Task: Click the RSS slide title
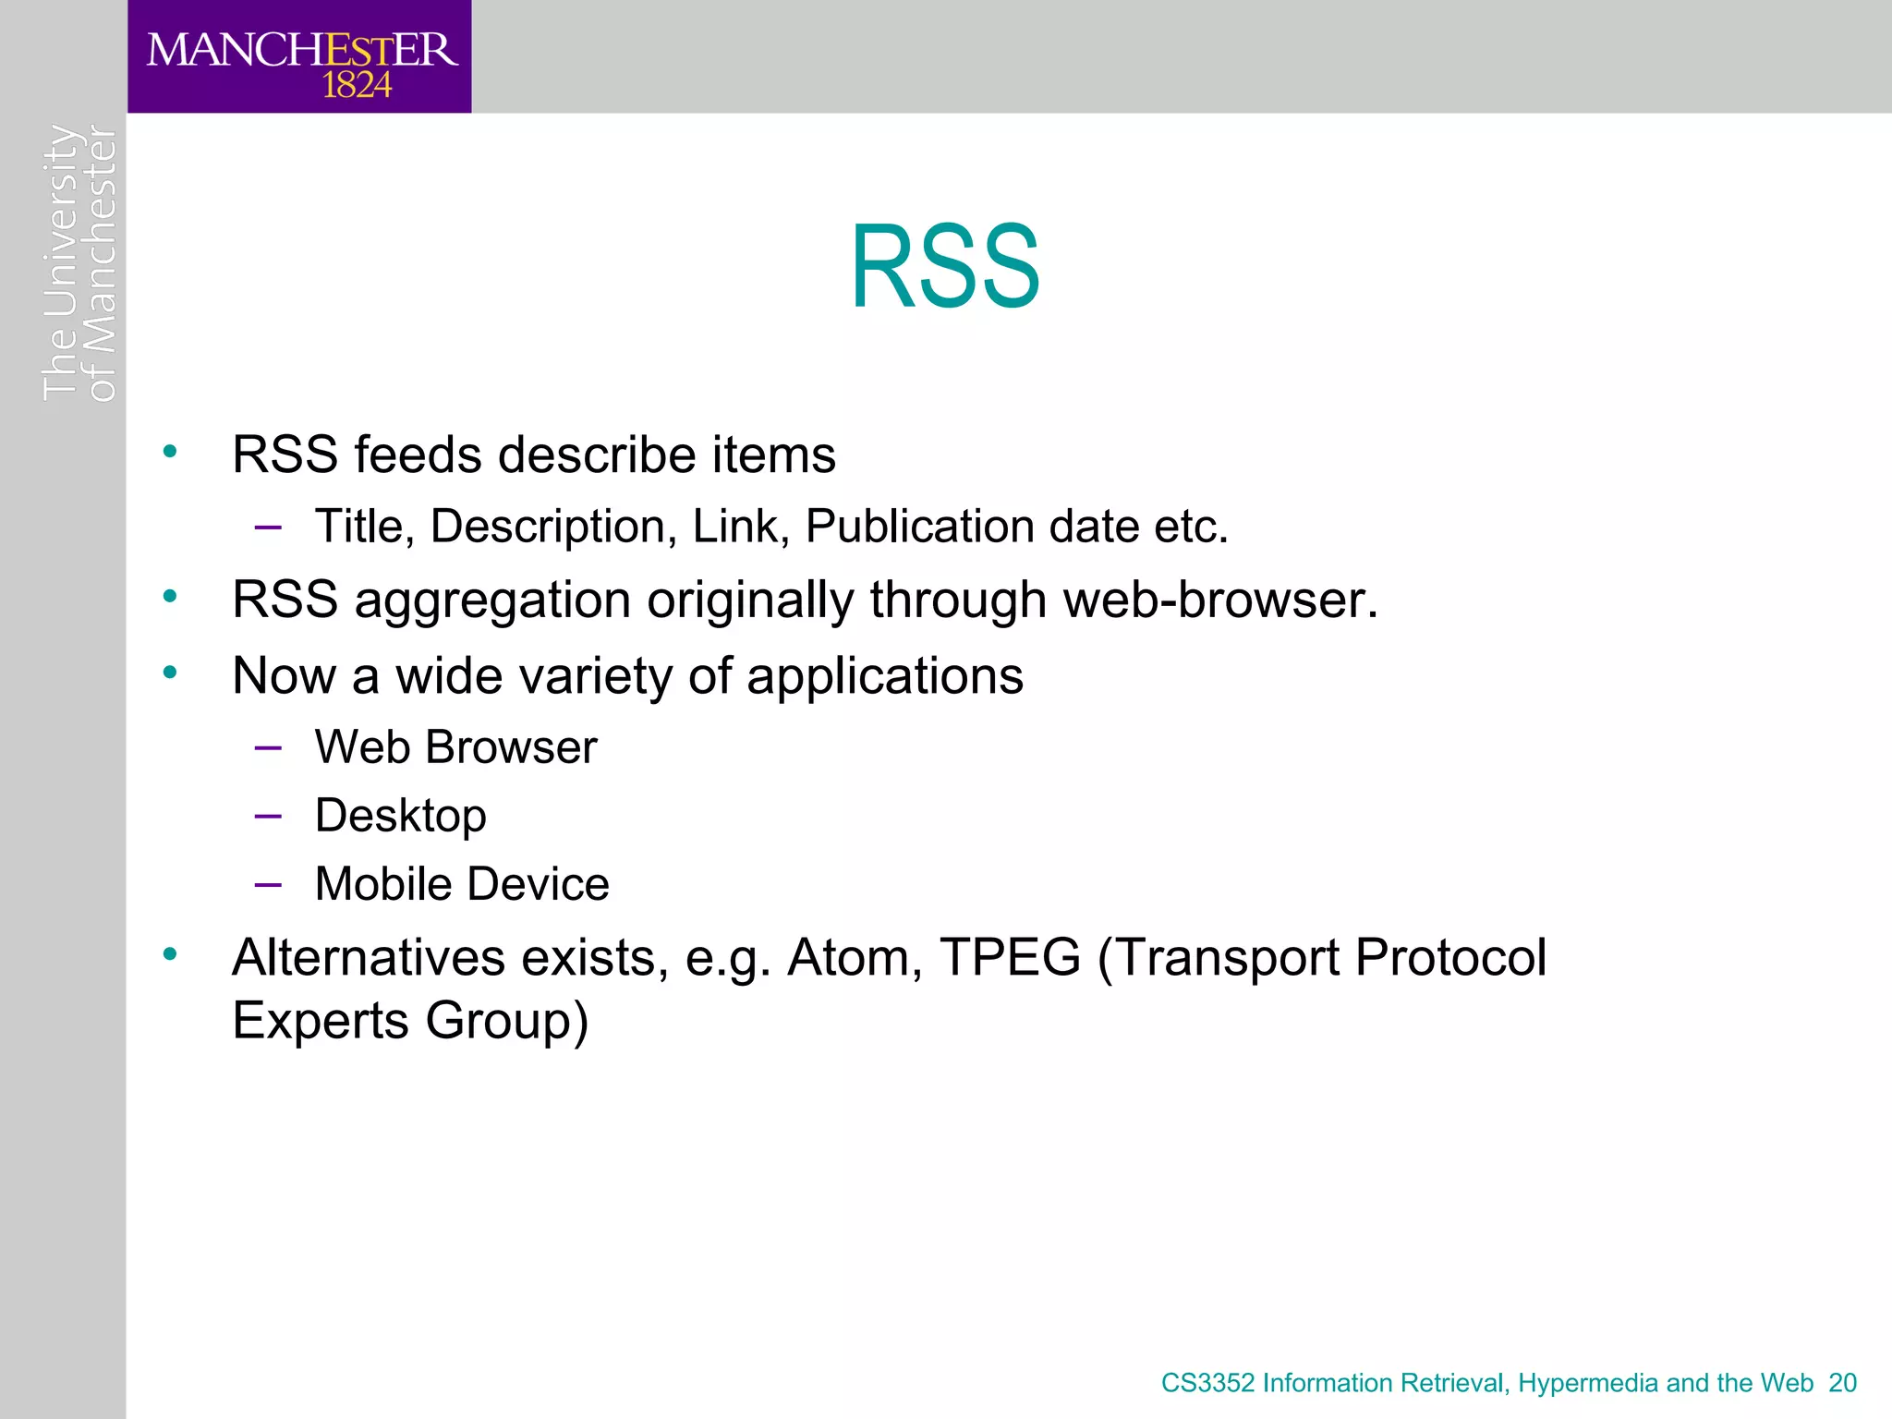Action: (945, 267)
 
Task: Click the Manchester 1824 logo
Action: (300, 57)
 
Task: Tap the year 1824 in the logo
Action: (357, 86)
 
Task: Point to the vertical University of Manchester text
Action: (79, 263)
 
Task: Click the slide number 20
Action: (1842, 1383)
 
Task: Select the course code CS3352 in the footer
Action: (1207, 1383)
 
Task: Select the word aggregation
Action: (492, 600)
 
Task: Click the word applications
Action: (884, 676)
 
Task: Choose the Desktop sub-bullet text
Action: (400, 816)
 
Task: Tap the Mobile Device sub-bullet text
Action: (462, 884)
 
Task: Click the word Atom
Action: (855, 957)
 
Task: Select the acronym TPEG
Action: (1010, 957)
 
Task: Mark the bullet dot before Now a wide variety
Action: (170, 673)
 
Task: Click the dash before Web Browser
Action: (268, 747)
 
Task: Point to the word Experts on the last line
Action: (321, 1021)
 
